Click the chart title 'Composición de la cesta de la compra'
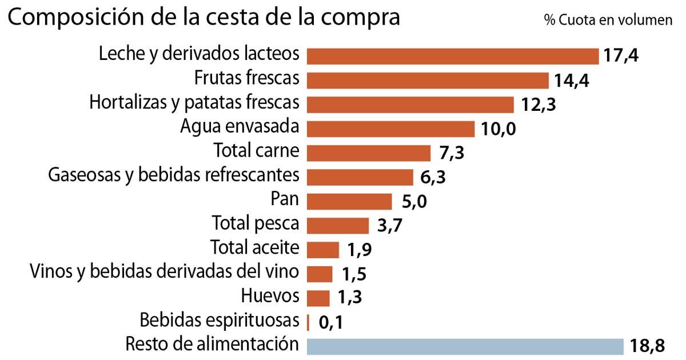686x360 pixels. click(204, 18)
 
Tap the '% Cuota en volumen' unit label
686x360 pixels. click(608, 20)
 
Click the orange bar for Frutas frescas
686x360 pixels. click(428, 80)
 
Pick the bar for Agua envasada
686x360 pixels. click(391, 129)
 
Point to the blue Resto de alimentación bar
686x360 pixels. click(465, 346)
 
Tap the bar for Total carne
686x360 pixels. click(369, 153)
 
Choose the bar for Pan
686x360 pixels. click(349, 201)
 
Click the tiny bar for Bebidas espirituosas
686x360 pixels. click(309, 322)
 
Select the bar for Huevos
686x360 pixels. click(318, 298)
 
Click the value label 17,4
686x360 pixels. click(621, 56)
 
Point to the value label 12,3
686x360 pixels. click(539, 105)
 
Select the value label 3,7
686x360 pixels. click(390, 226)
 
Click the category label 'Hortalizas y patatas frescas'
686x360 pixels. click(194, 103)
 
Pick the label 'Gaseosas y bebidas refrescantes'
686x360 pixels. click(174, 174)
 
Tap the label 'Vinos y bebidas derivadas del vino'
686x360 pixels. click(164, 271)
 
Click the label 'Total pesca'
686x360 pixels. click(256, 223)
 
